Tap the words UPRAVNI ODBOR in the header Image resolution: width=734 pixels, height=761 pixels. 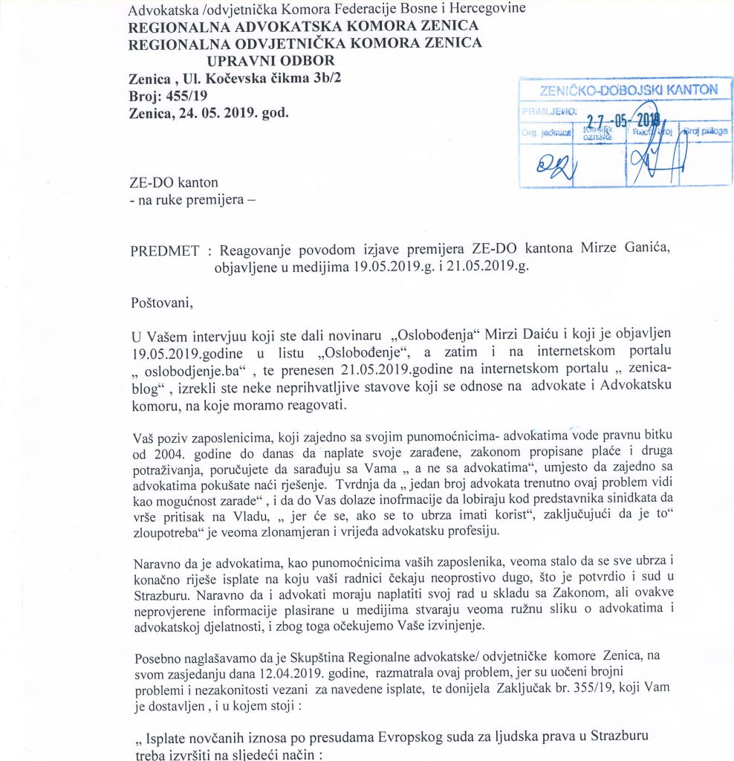tap(270, 60)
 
